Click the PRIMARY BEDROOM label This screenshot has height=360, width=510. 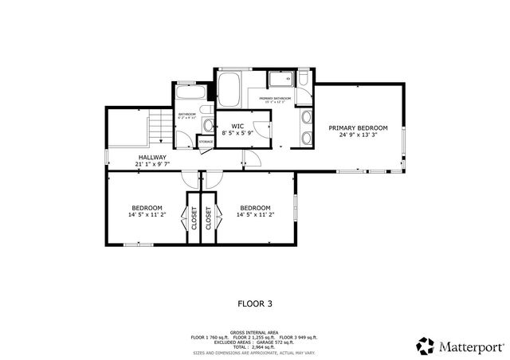point(359,127)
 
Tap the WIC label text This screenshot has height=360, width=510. point(237,127)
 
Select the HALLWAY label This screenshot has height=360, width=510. point(152,158)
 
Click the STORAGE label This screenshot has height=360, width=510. point(206,141)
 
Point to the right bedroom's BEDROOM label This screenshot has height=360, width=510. point(255,207)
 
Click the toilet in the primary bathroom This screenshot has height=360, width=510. point(304,80)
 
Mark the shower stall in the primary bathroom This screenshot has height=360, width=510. point(279,80)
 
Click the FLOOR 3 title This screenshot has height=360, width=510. point(255,303)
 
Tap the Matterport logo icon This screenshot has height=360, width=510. point(426,346)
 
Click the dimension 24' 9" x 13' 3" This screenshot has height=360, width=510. point(359,135)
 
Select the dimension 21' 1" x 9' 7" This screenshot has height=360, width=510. point(152,165)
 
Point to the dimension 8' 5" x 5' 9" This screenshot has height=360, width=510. point(237,134)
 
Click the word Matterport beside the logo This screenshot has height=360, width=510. point(469,346)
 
